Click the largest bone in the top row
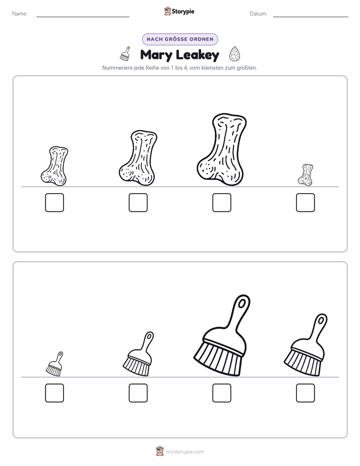tap(221, 149)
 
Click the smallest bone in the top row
tap(306, 174)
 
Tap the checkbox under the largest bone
tap(221, 203)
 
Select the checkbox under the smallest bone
tap(306, 203)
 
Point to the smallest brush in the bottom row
tap(54, 364)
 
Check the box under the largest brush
tap(221, 393)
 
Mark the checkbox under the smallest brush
tap(54, 393)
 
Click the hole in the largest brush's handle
tap(242, 303)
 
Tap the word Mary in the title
tap(156, 55)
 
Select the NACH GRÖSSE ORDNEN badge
tap(180, 39)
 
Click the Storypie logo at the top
tap(179, 11)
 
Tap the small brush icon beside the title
tap(126, 54)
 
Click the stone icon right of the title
tap(234, 54)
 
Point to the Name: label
tap(20, 14)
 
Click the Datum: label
tap(259, 14)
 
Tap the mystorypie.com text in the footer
tap(185, 452)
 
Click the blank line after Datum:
tap(311, 17)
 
